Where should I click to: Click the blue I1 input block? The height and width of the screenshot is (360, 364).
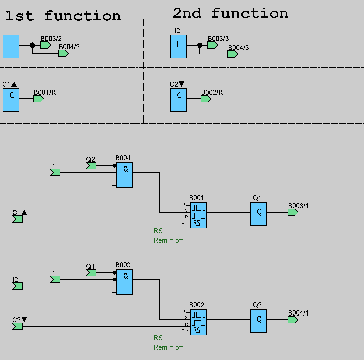coord(11,46)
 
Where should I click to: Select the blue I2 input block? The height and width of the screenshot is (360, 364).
coord(178,46)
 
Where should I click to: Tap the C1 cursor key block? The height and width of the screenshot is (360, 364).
coord(11,100)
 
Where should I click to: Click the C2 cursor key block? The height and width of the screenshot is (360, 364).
coord(178,100)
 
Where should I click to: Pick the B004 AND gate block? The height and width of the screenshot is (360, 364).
coord(125,175)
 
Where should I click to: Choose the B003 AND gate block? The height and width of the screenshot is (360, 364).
coord(125,282)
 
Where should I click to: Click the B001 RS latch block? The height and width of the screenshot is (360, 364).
coord(198,215)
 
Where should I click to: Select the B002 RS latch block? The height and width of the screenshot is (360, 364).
coord(198,322)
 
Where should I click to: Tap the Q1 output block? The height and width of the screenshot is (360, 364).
coord(259,213)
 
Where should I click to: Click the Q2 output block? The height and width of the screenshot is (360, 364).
coord(259,321)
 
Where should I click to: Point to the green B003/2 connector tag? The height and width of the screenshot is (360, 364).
coord(45,45)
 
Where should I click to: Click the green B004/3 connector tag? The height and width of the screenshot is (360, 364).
coord(233,54)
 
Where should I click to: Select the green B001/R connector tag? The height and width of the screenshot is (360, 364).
coord(38,99)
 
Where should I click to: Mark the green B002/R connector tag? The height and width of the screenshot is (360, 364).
coord(206,99)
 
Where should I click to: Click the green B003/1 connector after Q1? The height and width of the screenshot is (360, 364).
coord(293,212)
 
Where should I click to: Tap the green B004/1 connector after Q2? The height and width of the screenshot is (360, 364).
coord(293,320)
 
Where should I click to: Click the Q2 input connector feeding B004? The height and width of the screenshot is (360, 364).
coord(91,166)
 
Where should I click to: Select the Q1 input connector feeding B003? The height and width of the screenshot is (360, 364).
coord(91,273)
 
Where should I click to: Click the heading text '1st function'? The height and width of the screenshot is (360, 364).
coord(63,16)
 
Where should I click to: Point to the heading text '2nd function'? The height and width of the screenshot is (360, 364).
coord(230,13)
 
